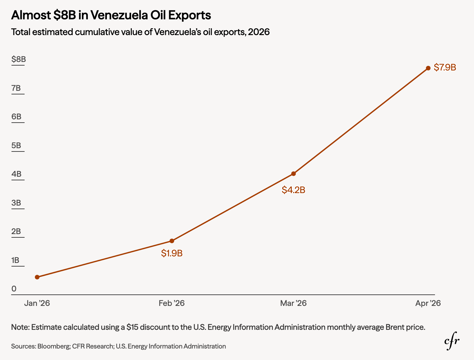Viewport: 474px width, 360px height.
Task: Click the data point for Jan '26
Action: (37, 277)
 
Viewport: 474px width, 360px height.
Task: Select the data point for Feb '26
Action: (172, 241)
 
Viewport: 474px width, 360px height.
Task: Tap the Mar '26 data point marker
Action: (293, 174)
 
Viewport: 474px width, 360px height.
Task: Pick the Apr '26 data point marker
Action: (428, 68)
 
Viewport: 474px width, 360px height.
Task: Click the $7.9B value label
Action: (445, 68)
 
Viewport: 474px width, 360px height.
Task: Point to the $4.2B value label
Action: (293, 190)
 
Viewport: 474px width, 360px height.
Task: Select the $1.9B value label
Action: (172, 253)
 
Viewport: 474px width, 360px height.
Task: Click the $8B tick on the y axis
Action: (19, 59)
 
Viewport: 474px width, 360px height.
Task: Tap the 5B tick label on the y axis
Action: (16, 145)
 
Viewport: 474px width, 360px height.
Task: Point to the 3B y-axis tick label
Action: (16, 203)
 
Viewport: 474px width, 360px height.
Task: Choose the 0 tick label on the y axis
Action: (14, 289)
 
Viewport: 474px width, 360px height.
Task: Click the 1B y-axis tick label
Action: (15, 260)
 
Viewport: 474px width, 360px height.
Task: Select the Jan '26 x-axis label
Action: (37, 303)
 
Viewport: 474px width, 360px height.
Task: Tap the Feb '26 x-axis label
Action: (172, 303)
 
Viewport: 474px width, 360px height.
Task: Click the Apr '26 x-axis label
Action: (428, 303)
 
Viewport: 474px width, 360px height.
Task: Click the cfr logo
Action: (452, 341)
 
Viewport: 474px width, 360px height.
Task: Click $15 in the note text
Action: (132, 327)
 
